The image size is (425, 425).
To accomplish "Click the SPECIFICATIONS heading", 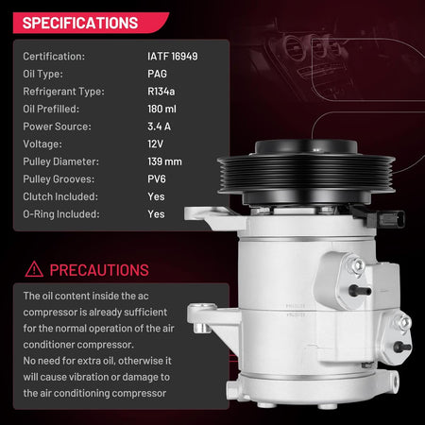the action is coord(80,23).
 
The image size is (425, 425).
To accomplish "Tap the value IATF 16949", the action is coord(173,57).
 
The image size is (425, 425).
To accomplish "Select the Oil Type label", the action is coord(42,75).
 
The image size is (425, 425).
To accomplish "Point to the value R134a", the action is coord(161,92).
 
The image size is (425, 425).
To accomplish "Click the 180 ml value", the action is coord(161,109).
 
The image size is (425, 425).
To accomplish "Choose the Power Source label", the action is coord(57,127).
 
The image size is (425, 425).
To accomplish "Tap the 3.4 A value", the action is coord(159,127).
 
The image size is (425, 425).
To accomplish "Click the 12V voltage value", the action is coord(155,144).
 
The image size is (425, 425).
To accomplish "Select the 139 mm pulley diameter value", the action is coord(164,161).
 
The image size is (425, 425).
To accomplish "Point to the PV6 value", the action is coord(157,178).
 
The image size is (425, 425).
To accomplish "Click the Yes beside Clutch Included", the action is coord(156,196).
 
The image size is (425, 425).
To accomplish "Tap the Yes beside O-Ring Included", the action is coord(156,214).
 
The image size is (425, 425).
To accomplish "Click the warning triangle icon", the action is coord(34,269).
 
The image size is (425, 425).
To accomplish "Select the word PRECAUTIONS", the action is coord(99,270).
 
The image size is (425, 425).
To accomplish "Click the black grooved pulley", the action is coord(306,173).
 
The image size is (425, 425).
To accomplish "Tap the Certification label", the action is coord(54,57).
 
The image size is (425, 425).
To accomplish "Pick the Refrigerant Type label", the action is coord(63,92).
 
